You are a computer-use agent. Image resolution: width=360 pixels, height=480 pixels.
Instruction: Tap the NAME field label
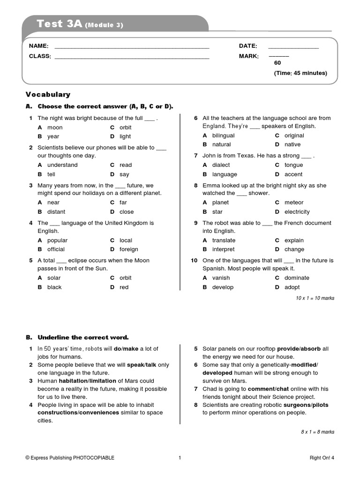click(38, 46)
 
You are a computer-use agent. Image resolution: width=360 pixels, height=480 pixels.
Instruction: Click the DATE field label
click(248, 46)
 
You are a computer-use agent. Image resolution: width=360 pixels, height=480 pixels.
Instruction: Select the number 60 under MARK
click(277, 63)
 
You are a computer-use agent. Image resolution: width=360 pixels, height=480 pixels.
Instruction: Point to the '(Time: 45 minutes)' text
click(300, 73)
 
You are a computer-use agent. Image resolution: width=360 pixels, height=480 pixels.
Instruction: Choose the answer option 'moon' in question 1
click(55, 127)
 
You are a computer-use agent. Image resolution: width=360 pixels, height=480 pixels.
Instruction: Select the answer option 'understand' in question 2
click(62, 165)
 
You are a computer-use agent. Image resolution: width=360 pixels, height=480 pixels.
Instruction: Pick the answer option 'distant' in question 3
click(56, 212)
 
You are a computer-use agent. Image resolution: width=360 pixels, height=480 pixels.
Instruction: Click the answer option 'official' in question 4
click(56, 249)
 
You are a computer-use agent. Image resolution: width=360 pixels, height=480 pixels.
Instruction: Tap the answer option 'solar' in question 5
click(54, 278)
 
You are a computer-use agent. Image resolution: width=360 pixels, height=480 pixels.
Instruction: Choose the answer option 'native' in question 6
click(292, 145)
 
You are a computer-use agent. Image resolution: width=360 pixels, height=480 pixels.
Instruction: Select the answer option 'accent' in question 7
click(293, 174)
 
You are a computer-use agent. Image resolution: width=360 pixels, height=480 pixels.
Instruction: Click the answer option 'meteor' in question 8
click(294, 202)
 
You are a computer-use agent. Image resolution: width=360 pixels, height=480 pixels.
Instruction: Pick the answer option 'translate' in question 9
click(224, 240)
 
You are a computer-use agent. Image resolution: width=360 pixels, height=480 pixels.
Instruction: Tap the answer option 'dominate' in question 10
click(297, 278)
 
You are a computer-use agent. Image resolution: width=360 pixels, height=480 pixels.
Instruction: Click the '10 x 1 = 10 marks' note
click(315, 298)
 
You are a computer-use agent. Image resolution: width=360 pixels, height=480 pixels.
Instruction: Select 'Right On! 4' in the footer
click(322, 458)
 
